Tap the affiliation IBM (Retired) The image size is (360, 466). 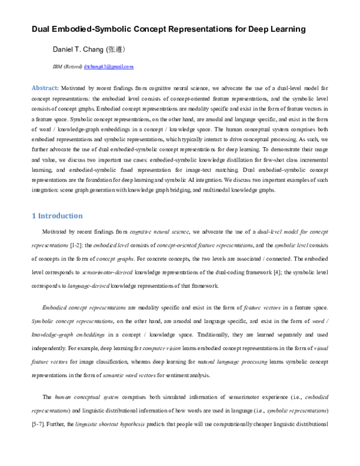pyautogui.click(x=67, y=67)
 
